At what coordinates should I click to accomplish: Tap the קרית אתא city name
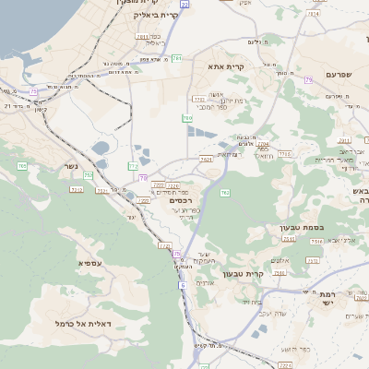(x=226, y=67)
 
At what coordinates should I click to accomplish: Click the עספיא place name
(x=89, y=265)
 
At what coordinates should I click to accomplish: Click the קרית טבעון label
(x=269, y=274)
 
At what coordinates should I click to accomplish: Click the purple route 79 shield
(x=308, y=81)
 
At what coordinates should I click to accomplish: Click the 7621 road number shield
(x=206, y=159)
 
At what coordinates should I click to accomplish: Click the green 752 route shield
(x=89, y=174)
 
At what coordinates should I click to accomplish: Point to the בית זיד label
(x=251, y=302)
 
